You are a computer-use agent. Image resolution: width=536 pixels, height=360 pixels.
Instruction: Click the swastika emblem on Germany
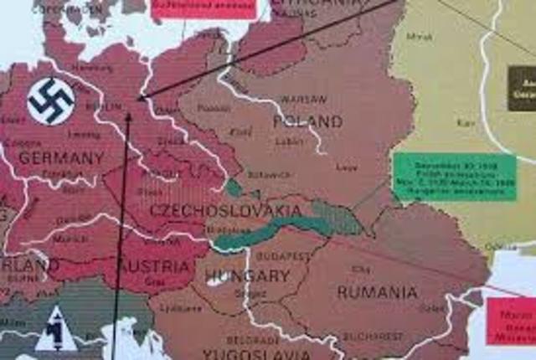click(x=51, y=101)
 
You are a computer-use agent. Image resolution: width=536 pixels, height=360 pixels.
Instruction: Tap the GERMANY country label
click(x=61, y=157)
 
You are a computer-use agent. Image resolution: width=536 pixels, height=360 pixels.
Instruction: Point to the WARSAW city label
click(x=304, y=99)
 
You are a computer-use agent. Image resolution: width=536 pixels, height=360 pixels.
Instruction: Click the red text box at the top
click(x=204, y=8)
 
